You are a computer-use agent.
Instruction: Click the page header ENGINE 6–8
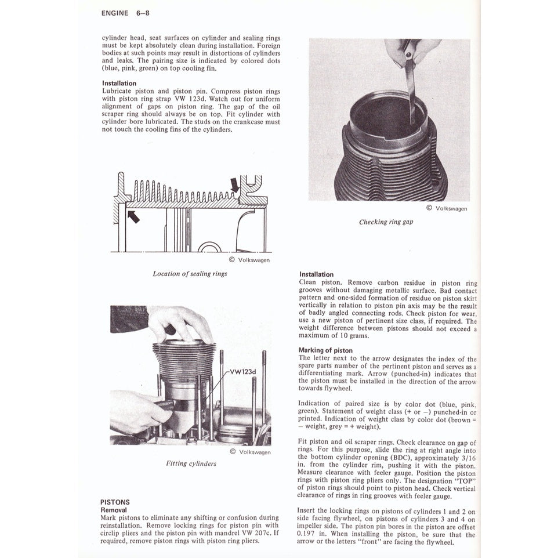(125, 13)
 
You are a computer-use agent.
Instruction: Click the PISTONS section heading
(115, 502)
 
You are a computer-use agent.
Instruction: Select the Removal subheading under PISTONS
(114, 510)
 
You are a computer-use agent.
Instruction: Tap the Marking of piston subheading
(325, 350)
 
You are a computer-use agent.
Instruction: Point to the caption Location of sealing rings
(190, 273)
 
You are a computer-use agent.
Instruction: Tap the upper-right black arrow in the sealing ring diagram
(234, 184)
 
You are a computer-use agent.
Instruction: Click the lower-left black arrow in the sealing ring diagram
(133, 217)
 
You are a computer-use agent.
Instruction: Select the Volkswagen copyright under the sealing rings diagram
(249, 260)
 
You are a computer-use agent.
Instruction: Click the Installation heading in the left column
(119, 83)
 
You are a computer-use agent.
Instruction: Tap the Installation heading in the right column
(316, 274)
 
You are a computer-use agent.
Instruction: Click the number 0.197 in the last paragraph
(307, 533)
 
